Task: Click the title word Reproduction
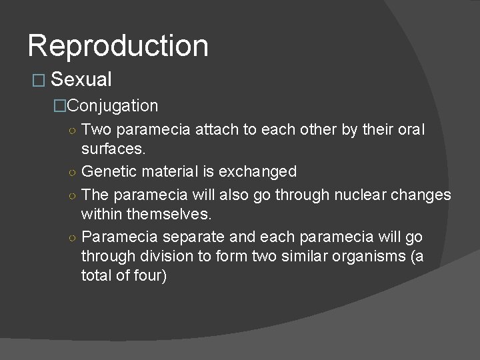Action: pyautogui.click(x=118, y=46)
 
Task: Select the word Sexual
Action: pyautogui.click(x=81, y=80)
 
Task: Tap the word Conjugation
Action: pyautogui.click(x=113, y=105)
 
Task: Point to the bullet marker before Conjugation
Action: pyautogui.click(x=61, y=106)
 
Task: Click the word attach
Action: pyautogui.click(x=221, y=129)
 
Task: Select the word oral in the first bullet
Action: pyautogui.click(x=410, y=129)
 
